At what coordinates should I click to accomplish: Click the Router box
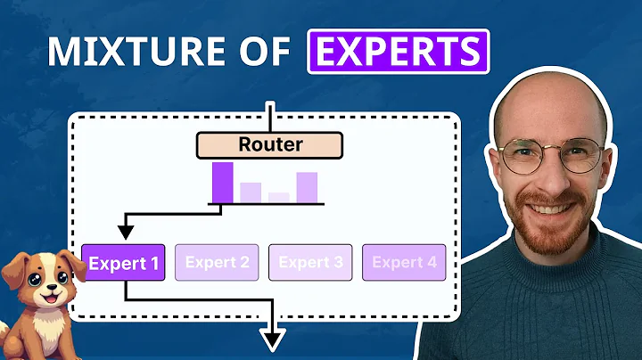(270, 144)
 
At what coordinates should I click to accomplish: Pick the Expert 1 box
(123, 262)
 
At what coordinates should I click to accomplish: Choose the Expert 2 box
(217, 262)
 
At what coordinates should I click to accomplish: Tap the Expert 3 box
(310, 262)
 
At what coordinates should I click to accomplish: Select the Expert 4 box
(404, 262)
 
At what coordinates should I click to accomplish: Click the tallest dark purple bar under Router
(222, 182)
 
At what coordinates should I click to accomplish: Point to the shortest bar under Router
(279, 197)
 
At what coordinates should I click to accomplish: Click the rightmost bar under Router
(307, 187)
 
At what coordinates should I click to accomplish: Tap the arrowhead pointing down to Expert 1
(127, 233)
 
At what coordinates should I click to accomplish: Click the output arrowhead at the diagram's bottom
(273, 340)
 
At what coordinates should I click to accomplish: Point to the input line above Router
(270, 116)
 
